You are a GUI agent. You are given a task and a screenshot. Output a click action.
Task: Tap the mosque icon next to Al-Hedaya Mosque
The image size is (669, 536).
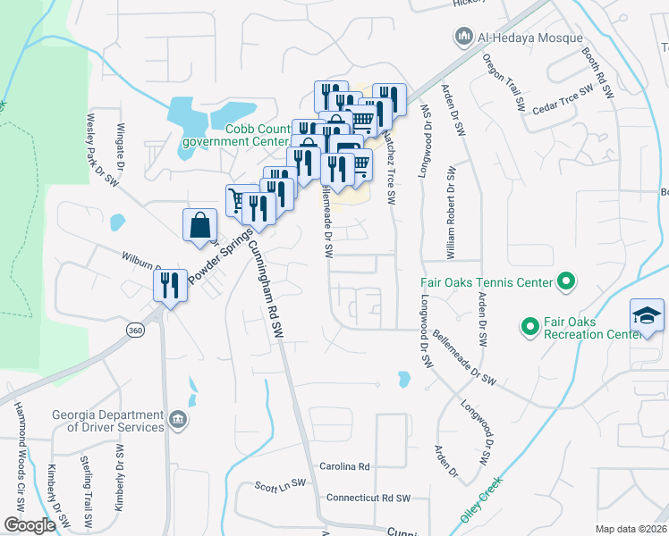[463, 37]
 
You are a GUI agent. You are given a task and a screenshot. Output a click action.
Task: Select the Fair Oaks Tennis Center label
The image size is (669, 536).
[487, 284]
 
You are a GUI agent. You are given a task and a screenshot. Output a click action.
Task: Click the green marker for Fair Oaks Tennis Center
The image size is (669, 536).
[565, 283]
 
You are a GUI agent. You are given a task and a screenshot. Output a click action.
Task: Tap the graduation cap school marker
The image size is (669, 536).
[647, 316]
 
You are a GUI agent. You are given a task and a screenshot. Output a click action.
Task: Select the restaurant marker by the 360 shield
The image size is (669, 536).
[169, 287]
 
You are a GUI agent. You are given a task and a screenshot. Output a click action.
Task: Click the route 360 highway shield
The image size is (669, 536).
[135, 331]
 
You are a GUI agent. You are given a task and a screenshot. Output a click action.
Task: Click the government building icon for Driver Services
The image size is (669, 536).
[178, 417]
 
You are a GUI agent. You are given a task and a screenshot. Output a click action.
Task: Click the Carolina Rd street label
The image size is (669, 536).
[344, 466]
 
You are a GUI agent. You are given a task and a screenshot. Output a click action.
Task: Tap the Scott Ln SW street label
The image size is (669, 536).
[280, 486]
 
